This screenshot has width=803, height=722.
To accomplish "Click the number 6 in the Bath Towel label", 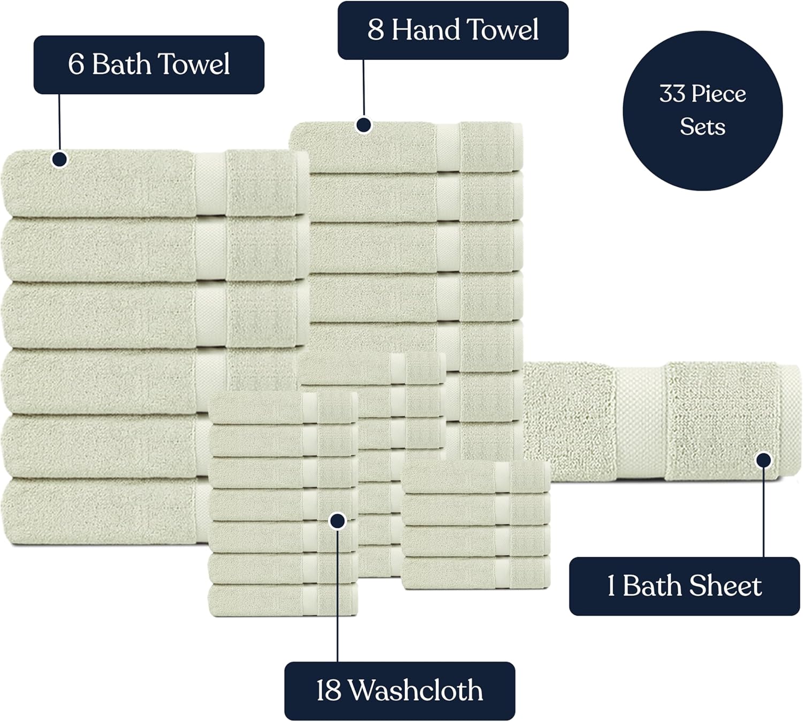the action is [x=75, y=65].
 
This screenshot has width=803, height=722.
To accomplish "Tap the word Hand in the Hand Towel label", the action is [x=425, y=30].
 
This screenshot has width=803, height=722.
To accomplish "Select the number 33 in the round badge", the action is [x=672, y=94].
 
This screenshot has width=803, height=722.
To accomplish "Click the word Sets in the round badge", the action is [x=702, y=127].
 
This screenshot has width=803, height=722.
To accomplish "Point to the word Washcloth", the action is [x=416, y=691].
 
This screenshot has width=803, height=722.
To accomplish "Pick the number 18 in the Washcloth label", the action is [x=328, y=691].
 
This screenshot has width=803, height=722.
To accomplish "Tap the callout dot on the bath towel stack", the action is [x=59, y=159].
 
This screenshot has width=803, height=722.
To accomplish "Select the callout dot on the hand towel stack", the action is [x=364, y=126].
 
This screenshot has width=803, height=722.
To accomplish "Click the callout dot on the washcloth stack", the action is [x=337, y=521].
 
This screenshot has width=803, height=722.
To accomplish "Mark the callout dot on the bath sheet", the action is [x=763, y=460].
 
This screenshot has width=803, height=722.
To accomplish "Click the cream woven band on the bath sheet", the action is [x=640, y=423].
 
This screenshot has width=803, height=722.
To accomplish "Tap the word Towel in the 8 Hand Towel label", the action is [x=502, y=30].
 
